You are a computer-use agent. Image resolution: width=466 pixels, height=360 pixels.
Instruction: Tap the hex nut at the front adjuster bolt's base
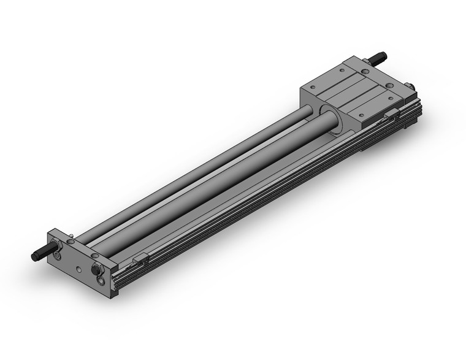(x=56, y=247)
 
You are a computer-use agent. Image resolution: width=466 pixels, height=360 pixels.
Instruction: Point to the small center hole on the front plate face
(x=78, y=269)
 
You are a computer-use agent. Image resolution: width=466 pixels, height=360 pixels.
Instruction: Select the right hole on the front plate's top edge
(x=94, y=255)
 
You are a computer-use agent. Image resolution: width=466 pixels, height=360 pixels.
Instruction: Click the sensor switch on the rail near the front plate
(x=140, y=259)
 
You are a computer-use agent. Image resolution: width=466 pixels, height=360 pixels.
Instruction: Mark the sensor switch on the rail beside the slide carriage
(x=392, y=114)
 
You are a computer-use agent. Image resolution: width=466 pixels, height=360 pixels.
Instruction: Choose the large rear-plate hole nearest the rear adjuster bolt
(x=366, y=72)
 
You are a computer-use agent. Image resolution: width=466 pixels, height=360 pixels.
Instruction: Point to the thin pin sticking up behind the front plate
(x=72, y=235)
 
